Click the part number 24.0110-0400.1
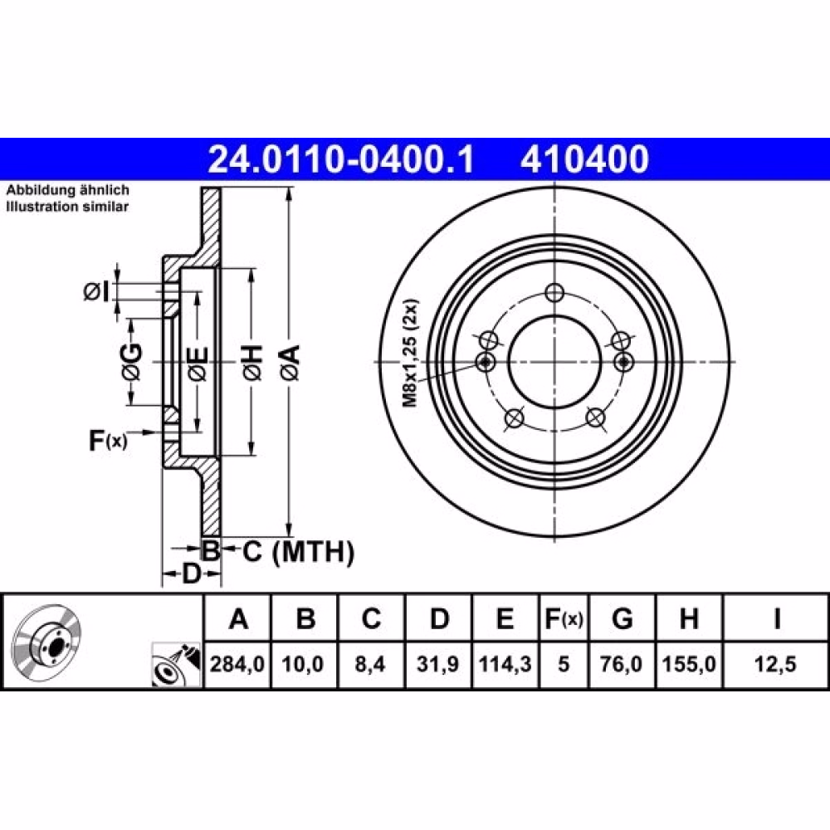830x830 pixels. click(341, 159)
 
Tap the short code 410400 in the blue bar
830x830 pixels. click(584, 159)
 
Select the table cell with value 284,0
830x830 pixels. click(237, 664)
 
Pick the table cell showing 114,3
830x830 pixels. click(505, 664)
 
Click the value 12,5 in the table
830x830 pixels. click(775, 664)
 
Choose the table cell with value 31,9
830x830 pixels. click(437, 664)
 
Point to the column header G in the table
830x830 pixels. click(622, 618)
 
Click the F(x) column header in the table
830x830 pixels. click(564, 618)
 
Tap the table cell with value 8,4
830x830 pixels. click(370, 664)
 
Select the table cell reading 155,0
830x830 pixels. click(689, 664)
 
